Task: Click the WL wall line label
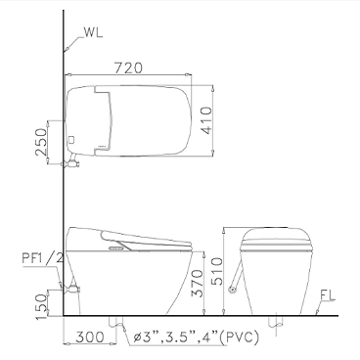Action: tap(93, 32)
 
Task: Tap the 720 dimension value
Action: tap(128, 67)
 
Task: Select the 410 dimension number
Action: tap(206, 120)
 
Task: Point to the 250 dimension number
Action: tap(41, 142)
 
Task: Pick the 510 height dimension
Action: tap(217, 271)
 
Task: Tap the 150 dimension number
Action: tap(42, 306)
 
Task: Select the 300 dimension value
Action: tap(90, 337)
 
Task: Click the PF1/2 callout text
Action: tap(42, 258)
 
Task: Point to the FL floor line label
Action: tap(328, 295)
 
